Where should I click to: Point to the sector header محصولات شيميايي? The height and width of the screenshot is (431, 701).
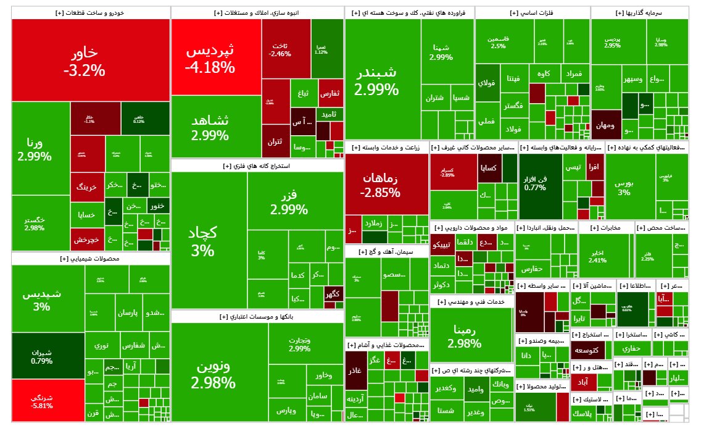91,259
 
